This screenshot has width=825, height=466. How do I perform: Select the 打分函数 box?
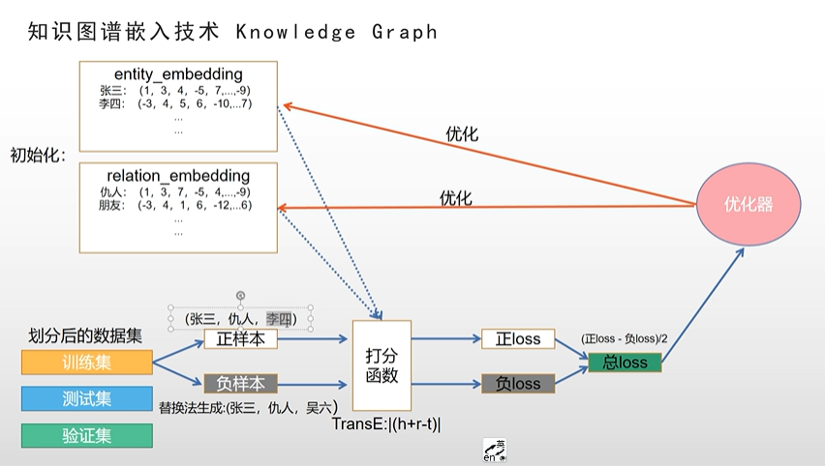click(x=382, y=364)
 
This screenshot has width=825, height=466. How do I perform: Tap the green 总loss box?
click(x=625, y=363)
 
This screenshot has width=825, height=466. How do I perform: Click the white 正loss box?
click(x=518, y=339)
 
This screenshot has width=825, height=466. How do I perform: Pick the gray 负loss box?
click(x=518, y=383)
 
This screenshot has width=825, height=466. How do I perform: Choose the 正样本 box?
click(x=241, y=339)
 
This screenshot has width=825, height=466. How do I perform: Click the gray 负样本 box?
click(x=241, y=382)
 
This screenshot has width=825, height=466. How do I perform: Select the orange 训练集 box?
click(x=87, y=364)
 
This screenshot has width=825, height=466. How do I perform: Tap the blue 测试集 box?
click(x=87, y=398)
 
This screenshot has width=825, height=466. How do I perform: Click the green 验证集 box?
click(x=87, y=435)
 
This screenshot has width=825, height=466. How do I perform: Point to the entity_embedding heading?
click(x=178, y=74)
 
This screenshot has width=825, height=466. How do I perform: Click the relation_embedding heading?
click(x=178, y=176)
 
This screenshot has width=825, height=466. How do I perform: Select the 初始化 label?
click(x=37, y=155)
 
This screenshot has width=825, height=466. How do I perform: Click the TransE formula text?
click(x=386, y=423)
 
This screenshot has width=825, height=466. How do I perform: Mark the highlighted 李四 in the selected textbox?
click(x=279, y=317)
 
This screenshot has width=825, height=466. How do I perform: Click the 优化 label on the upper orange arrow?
click(x=461, y=134)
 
